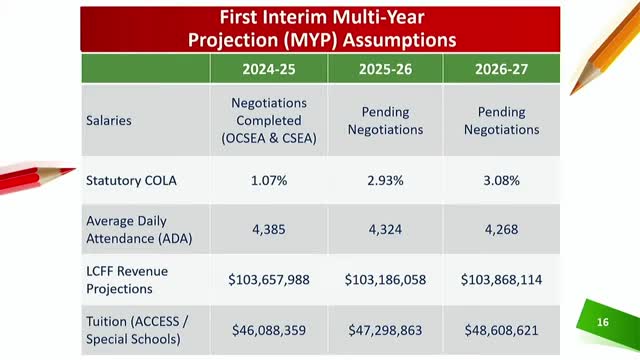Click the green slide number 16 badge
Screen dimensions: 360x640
click(602, 323)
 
